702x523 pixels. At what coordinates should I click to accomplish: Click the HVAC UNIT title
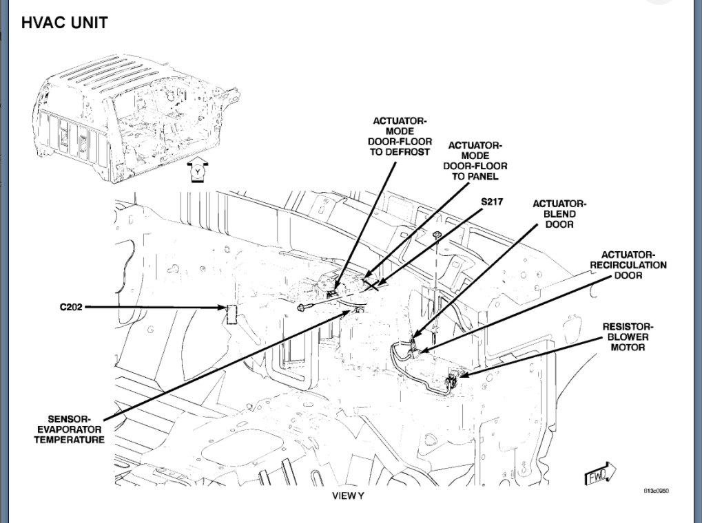[x=64, y=23]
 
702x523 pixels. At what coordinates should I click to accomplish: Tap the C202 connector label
[x=71, y=307]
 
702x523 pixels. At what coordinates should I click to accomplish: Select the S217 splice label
[x=493, y=202]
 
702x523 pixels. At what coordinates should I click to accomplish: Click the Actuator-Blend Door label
[x=559, y=214]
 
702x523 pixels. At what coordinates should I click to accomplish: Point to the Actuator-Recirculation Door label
[x=628, y=265]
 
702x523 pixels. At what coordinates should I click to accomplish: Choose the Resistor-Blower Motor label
[x=628, y=337]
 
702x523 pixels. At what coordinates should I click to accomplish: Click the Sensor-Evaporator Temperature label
[x=69, y=429]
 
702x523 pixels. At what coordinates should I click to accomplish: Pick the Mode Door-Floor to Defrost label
[x=400, y=136]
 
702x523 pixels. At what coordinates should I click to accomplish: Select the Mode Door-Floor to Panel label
[x=475, y=161]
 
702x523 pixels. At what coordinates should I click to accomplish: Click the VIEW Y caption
[x=348, y=495]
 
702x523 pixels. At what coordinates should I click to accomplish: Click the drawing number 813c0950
[x=656, y=491]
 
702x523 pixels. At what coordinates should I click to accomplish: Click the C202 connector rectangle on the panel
[x=232, y=313]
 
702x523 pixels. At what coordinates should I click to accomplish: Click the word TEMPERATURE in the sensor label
[x=69, y=439]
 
